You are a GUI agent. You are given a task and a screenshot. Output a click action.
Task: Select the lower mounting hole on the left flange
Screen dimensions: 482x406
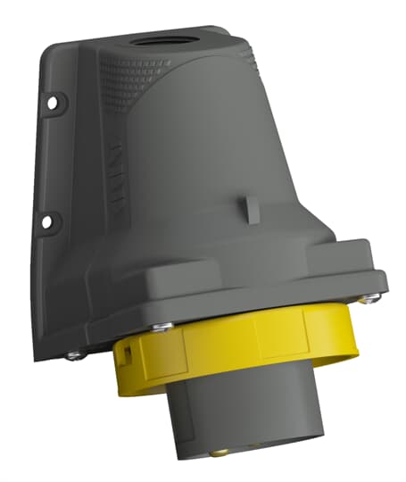click(x=51, y=216)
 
